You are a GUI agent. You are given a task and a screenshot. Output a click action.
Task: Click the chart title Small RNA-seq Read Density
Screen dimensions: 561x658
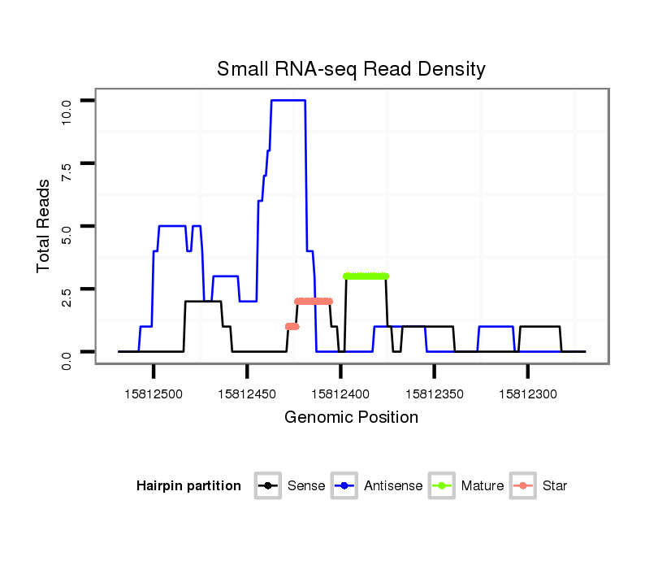click(351, 69)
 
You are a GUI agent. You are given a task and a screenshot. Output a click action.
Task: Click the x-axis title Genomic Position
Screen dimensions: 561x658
click(351, 418)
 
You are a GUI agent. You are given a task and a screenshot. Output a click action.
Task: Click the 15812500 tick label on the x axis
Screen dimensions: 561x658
click(154, 394)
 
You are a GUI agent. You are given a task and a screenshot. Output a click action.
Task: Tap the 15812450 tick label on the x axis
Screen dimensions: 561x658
click(247, 394)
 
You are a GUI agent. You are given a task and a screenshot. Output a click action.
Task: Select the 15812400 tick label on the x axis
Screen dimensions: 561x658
click(340, 394)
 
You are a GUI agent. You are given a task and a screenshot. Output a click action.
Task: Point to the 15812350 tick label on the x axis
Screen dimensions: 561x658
click(434, 394)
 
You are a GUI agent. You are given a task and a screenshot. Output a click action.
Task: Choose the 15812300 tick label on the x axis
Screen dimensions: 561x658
click(528, 394)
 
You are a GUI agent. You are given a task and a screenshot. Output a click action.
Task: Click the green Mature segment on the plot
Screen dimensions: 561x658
click(366, 276)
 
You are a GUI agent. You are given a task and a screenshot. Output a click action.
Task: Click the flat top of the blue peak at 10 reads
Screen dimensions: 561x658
click(288, 100)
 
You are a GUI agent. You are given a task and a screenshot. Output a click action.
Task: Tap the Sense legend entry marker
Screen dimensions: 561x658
click(267, 486)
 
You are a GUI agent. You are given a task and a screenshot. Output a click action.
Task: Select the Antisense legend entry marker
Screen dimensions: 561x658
click(344, 486)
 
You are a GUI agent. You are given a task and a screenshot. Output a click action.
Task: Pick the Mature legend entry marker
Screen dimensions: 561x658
click(442, 486)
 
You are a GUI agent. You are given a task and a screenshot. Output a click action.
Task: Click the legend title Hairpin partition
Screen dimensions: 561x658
click(188, 486)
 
